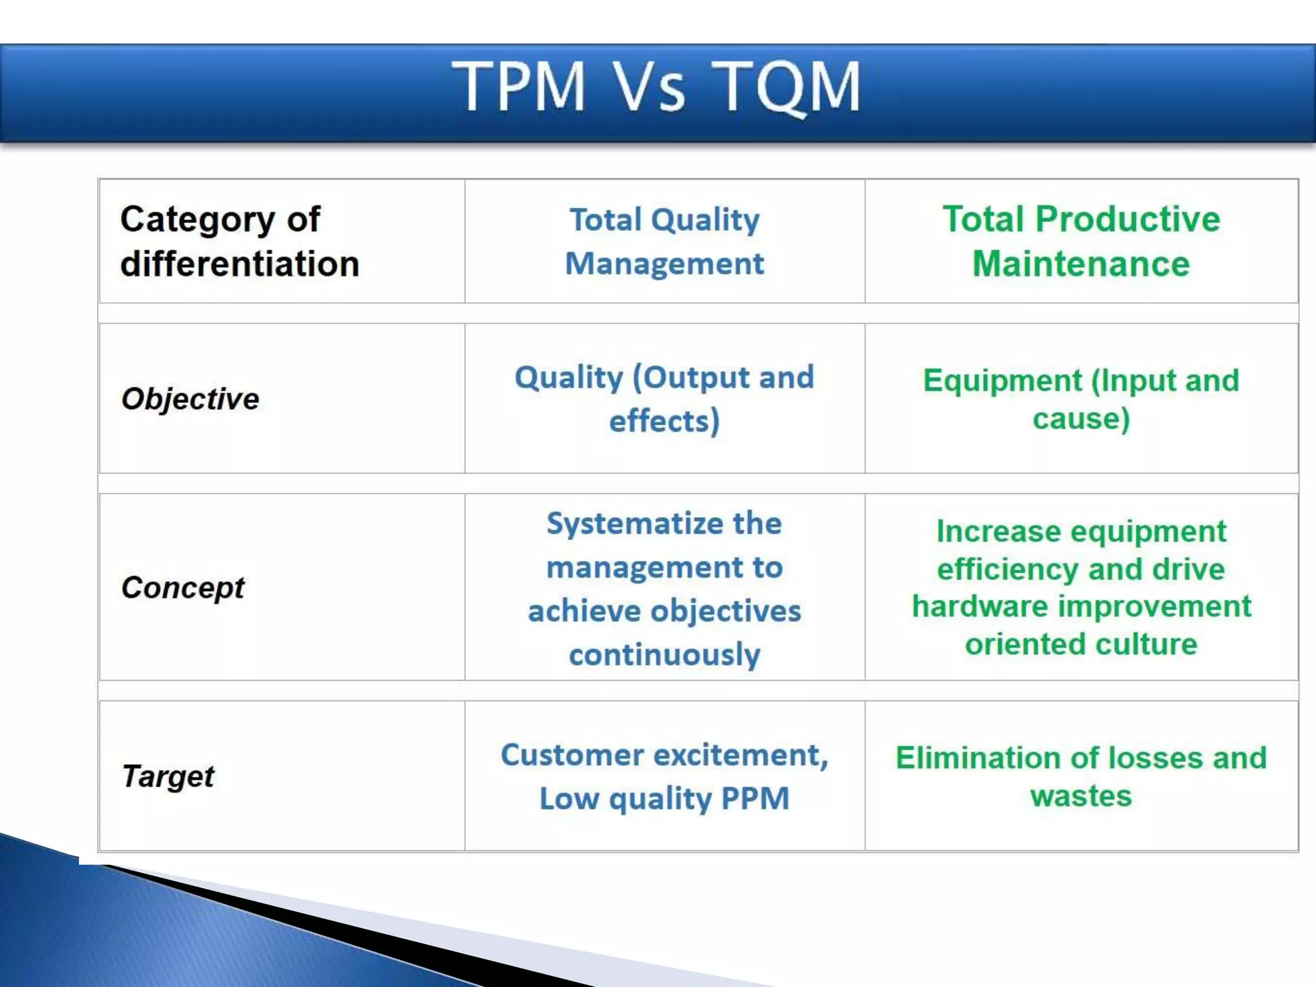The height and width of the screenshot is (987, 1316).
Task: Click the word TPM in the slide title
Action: (x=519, y=86)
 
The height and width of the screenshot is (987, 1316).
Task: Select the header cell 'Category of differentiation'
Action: (x=239, y=242)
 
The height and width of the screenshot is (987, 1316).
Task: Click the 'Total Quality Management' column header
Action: (x=664, y=242)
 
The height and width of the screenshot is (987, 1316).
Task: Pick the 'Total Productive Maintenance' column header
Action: (x=1081, y=242)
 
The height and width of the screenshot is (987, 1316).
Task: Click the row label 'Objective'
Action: (x=190, y=399)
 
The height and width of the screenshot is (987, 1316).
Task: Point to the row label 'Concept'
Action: (x=183, y=588)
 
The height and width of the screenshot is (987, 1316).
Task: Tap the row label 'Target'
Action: (x=168, y=776)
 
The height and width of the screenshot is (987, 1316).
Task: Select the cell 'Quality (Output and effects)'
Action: (x=664, y=398)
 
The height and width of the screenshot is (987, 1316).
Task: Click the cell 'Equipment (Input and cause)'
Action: (x=1081, y=399)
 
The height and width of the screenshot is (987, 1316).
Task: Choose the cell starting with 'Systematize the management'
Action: (x=664, y=588)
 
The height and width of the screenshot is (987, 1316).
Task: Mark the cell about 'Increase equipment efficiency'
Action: (x=1081, y=588)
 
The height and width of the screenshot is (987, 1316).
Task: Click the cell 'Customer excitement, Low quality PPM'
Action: (x=664, y=776)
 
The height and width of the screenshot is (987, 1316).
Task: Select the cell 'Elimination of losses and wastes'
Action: (x=1081, y=776)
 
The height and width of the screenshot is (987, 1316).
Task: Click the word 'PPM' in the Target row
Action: (x=754, y=799)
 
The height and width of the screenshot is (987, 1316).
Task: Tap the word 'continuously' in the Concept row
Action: (x=664, y=655)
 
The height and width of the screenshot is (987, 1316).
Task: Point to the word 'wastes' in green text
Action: (x=1081, y=796)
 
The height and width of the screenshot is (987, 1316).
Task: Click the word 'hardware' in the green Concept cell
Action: (x=979, y=607)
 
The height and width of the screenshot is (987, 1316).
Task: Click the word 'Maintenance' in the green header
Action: (x=1081, y=264)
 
